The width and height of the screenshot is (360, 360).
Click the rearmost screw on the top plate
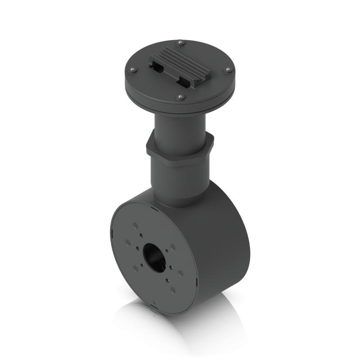180,43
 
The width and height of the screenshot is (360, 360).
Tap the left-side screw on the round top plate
132,70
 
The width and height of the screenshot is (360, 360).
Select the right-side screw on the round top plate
228,70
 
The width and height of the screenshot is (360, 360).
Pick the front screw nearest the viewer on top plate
180,97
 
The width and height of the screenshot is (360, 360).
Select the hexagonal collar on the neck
179,151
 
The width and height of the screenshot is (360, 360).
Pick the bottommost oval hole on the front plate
173,290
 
